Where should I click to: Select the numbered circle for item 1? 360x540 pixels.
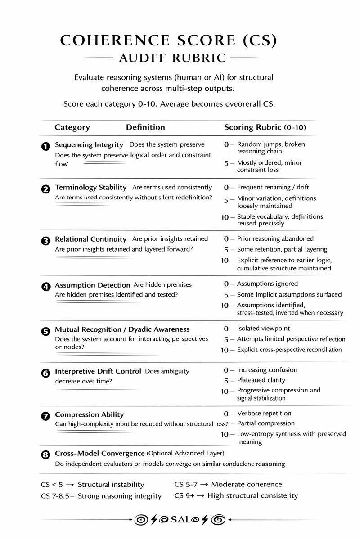click(x=45, y=146)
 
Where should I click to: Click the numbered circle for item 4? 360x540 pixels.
click(x=45, y=286)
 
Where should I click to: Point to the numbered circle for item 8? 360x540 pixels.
click(x=45, y=454)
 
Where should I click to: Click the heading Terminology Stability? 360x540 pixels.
click(x=90, y=187)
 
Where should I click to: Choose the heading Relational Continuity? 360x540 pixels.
click(x=90, y=239)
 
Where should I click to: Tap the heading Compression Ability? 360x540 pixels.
click(x=89, y=414)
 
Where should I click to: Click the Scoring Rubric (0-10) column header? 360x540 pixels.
click(x=265, y=127)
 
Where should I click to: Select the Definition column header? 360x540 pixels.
click(x=145, y=127)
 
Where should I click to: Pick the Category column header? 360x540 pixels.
click(x=72, y=127)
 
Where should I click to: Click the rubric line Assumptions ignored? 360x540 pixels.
click(x=267, y=284)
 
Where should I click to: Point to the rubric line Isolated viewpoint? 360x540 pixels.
click(x=263, y=328)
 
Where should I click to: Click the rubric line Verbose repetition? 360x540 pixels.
click(x=264, y=413)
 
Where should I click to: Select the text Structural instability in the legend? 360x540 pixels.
click(x=111, y=485)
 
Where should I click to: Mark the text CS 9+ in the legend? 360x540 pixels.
click(x=184, y=496)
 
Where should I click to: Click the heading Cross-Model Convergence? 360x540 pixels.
click(x=99, y=453)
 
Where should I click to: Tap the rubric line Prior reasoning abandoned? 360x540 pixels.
click(x=275, y=238)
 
